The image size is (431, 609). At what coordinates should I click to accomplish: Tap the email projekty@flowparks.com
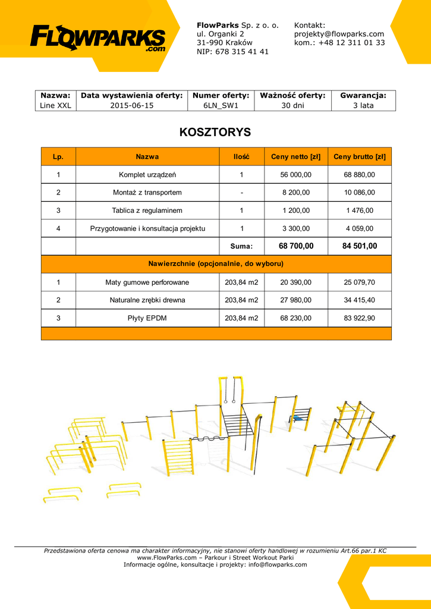339,34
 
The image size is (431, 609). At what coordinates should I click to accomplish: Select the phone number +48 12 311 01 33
351,43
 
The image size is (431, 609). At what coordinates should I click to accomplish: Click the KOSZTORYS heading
215,132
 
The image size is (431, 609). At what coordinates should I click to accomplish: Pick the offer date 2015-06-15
131,105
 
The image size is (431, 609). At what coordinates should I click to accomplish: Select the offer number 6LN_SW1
221,105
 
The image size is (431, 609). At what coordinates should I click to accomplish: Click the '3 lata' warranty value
363,105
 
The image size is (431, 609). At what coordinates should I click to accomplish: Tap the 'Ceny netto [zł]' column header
295,157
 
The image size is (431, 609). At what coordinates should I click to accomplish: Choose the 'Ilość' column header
241,157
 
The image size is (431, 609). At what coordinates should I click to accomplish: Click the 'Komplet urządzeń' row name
147,175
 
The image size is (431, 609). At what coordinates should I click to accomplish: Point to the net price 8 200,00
295,193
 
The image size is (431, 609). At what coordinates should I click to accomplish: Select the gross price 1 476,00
359,211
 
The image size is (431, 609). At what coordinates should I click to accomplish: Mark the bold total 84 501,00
359,246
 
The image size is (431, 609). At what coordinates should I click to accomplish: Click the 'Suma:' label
241,246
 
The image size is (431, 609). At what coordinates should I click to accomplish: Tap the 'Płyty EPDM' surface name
147,318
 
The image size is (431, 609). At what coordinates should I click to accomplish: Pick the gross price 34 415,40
359,300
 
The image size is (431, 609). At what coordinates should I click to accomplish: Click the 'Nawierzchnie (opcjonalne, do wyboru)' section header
215,263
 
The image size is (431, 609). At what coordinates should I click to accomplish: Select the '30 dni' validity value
292,105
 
